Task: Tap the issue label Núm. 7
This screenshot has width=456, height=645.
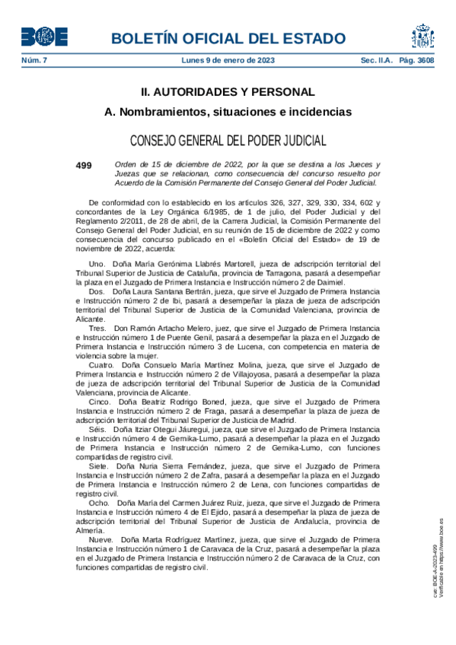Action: (x=34, y=60)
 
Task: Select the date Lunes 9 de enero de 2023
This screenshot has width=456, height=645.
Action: (x=228, y=60)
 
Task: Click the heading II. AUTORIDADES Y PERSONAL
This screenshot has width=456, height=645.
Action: (x=228, y=92)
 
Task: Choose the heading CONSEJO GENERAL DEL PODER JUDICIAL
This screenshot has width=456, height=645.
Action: (x=228, y=141)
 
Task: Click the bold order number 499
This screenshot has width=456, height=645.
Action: (x=84, y=164)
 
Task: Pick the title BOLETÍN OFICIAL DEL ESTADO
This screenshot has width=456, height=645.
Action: (x=228, y=38)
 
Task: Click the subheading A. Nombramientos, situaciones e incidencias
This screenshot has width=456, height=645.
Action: (x=228, y=112)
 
